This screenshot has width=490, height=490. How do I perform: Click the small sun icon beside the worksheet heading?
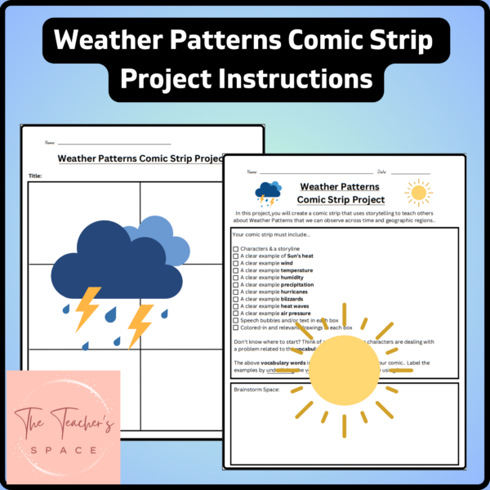[418, 194]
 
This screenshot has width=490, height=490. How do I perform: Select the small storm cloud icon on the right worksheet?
[268, 193]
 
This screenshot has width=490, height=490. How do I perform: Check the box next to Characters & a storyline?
[236, 248]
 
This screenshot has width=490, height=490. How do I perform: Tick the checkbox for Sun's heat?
[236, 256]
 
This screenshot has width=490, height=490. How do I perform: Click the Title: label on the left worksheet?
[35, 176]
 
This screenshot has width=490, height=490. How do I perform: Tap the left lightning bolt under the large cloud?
[88, 308]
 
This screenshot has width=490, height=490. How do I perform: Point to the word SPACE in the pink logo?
[63, 450]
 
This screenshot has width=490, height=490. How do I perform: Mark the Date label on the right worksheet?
[381, 172]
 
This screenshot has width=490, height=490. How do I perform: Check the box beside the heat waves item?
[236, 306]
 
